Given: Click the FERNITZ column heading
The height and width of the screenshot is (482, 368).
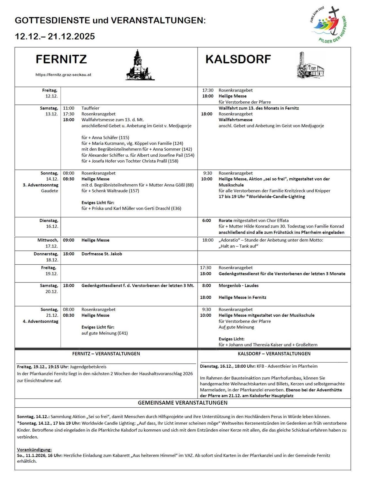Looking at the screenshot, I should click(61, 59).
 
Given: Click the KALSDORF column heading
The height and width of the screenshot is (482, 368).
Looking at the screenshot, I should click(238, 59).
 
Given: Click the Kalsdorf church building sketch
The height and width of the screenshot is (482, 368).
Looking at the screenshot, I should click(310, 66).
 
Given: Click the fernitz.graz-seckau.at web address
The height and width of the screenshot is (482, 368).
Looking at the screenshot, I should click(63, 75).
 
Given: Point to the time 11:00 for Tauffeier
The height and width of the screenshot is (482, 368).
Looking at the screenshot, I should click(69, 108).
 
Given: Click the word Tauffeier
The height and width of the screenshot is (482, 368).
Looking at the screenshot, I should click(90, 108).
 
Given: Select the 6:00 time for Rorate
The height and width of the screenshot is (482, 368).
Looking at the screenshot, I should click(206, 221).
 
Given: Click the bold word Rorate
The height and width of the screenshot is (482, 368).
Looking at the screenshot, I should click(225, 221).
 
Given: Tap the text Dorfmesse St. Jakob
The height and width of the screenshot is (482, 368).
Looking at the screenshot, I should click(102, 254).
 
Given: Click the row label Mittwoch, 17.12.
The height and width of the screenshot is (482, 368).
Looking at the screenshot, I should click(48, 243).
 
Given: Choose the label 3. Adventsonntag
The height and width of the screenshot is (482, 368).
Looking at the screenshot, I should click(41, 185).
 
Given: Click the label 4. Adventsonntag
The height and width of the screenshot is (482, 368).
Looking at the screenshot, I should click(41, 321).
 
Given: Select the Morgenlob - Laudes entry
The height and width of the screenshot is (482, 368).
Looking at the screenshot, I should click(238, 286).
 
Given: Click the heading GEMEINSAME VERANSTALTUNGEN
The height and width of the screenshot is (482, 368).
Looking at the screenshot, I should click(183, 403).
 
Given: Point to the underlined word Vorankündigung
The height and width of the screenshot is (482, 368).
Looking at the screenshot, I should click(34, 449).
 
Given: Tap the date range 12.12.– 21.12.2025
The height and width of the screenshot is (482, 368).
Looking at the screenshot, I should click(55, 36).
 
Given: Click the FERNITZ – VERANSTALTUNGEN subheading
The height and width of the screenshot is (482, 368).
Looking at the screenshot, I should click(106, 354).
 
